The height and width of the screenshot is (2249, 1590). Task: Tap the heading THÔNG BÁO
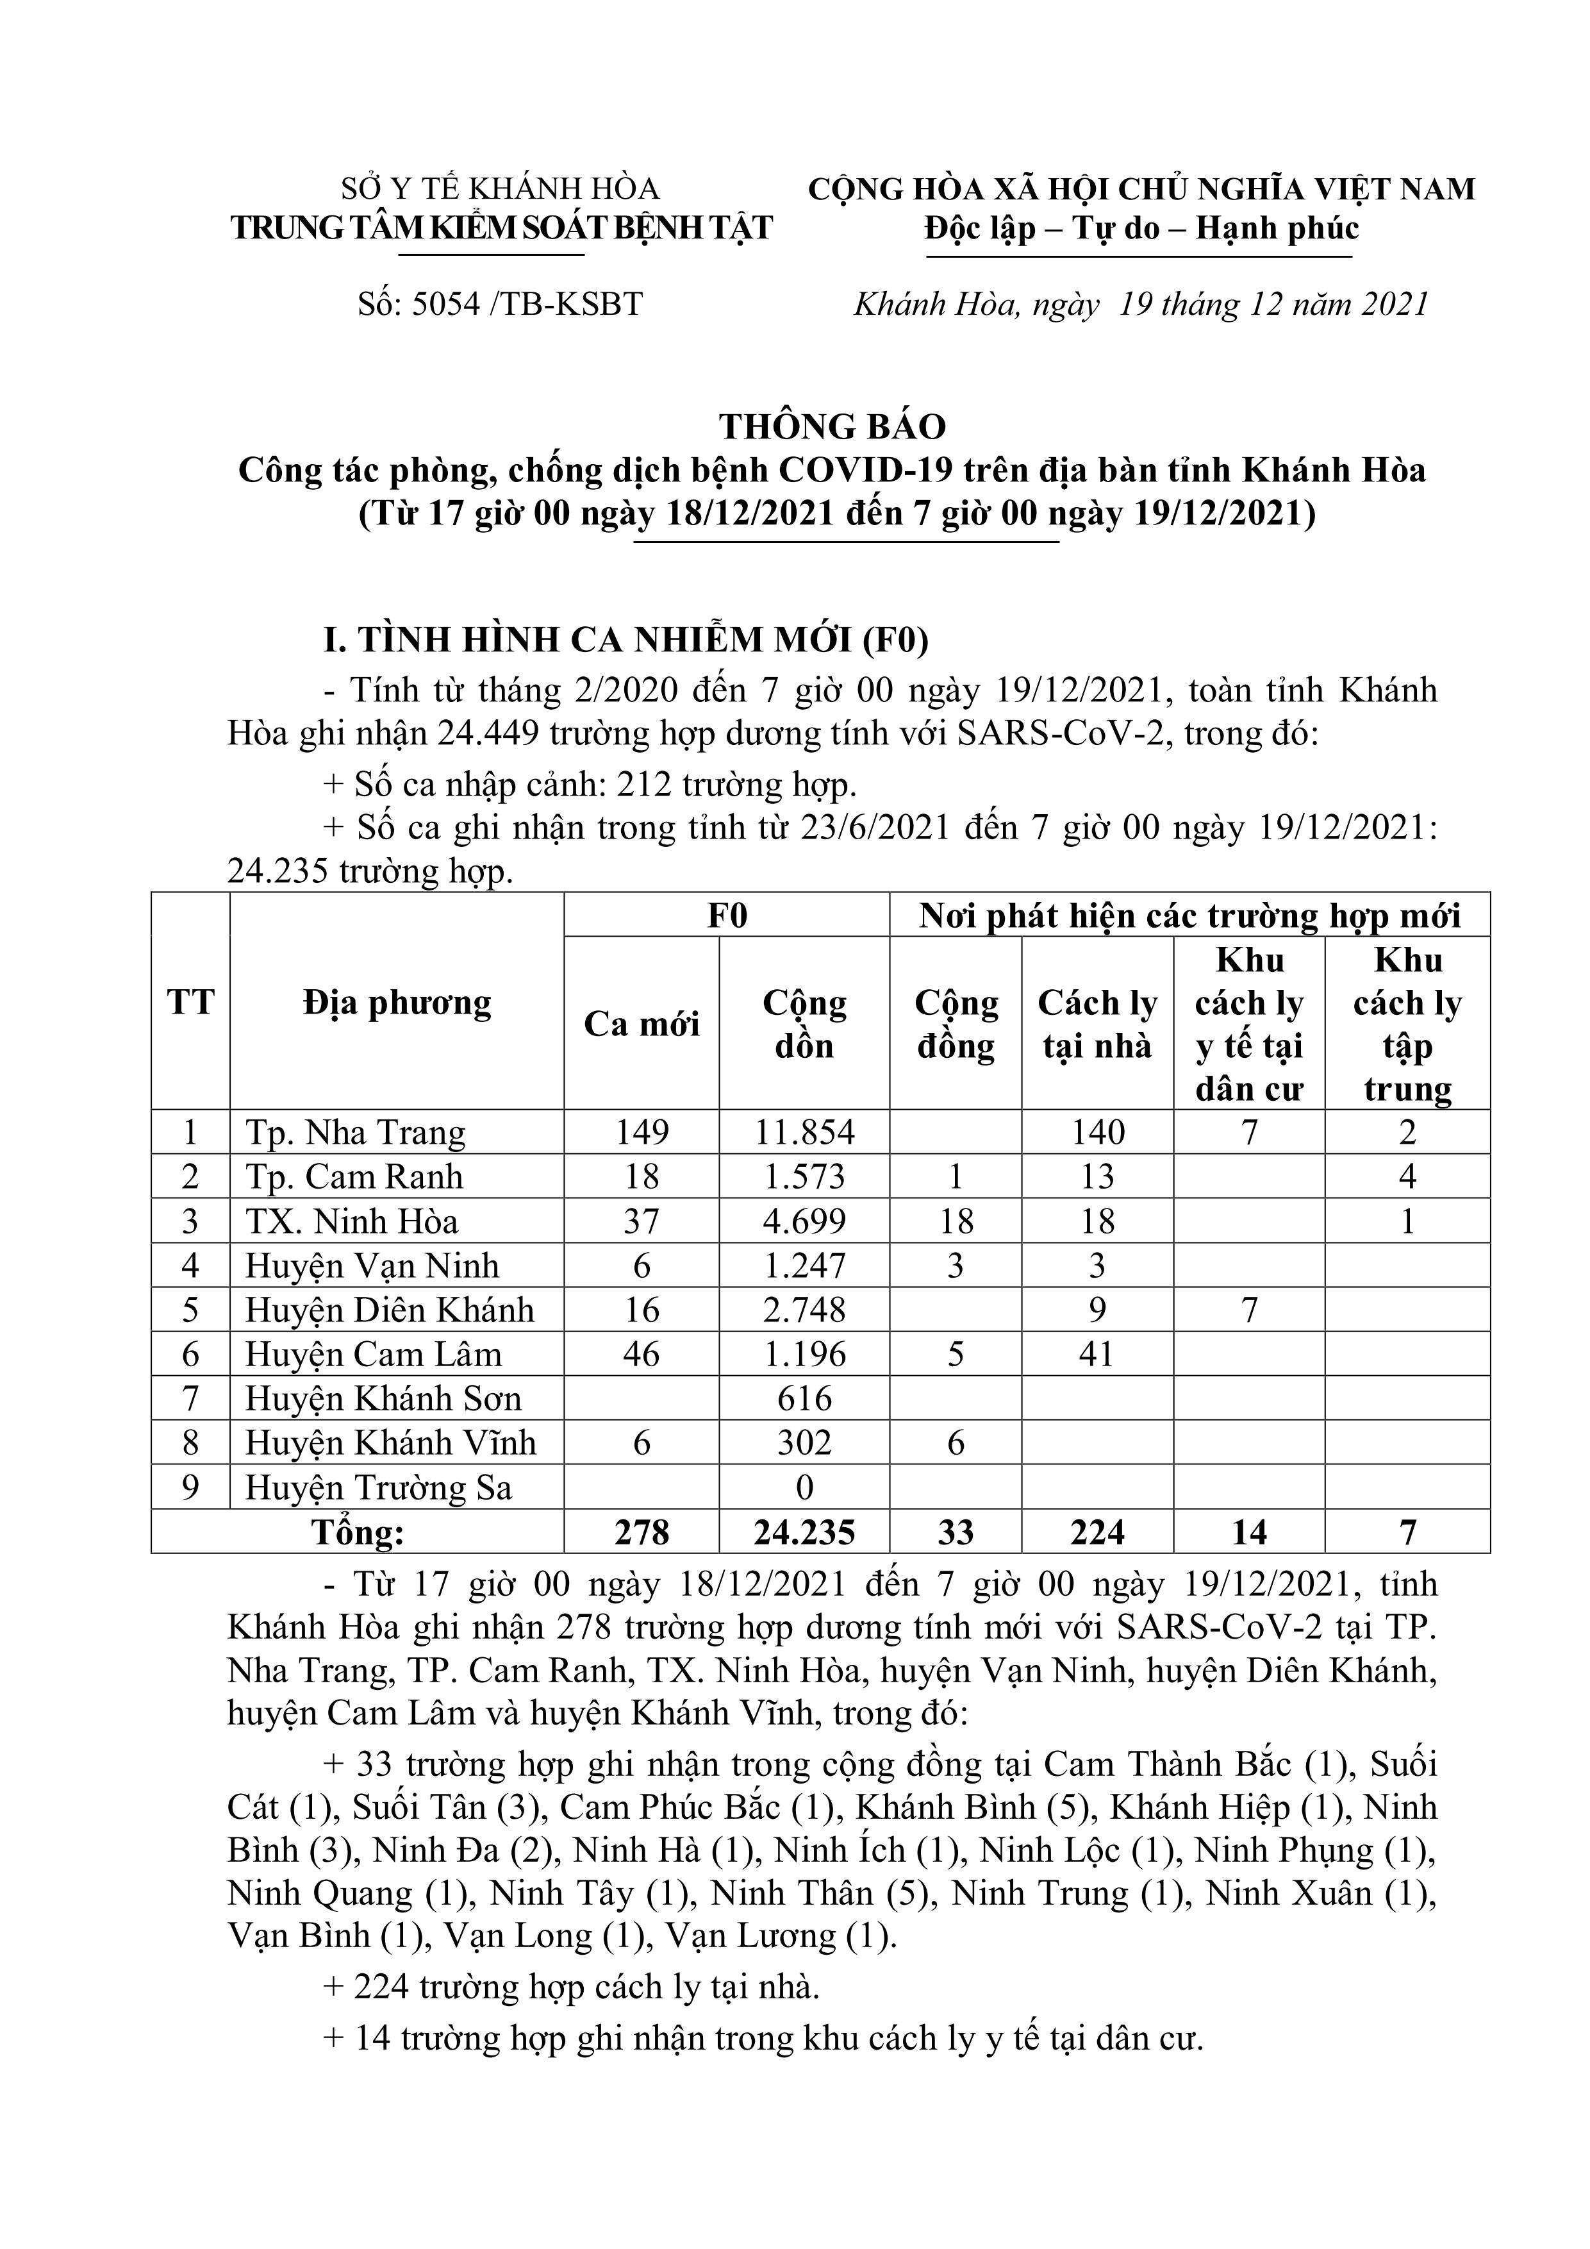tap(833, 426)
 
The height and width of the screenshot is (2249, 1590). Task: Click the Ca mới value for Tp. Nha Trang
tap(642, 1132)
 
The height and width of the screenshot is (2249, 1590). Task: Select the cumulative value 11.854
tap(805, 1132)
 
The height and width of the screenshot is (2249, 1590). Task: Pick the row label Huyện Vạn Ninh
tap(372, 1266)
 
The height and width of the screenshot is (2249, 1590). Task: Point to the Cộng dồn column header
tap(805, 1024)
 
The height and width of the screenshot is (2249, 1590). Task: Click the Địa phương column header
tap(397, 1003)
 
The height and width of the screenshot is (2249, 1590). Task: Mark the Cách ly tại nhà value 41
tap(1098, 1355)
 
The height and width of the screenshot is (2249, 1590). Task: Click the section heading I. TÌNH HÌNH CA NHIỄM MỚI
tap(627, 640)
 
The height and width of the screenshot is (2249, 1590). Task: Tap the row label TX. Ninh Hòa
tap(351, 1221)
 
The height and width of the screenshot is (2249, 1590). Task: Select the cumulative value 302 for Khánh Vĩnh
tap(805, 1443)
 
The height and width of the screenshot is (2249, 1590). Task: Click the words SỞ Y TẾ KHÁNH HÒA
tap(501, 188)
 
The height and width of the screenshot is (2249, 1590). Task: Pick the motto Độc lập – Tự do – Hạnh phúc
tap(1141, 228)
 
